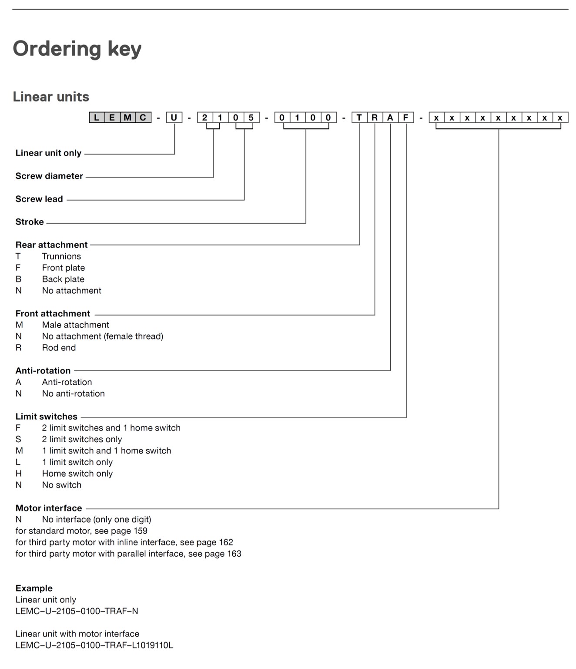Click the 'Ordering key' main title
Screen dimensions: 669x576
point(77,49)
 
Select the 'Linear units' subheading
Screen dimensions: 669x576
point(51,97)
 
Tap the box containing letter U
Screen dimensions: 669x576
point(174,118)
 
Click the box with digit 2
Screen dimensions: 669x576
point(205,118)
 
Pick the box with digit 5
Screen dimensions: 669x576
point(251,118)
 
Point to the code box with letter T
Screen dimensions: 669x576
point(359,118)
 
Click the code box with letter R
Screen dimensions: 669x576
point(375,118)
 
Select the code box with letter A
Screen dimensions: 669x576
point(390,118)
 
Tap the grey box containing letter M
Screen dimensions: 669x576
point(127,118)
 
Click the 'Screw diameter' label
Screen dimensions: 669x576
point(49,176)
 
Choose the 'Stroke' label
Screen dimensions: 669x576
point(30,222)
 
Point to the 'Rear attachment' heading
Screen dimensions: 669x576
point(51,245)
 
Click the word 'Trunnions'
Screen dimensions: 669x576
point(61,256)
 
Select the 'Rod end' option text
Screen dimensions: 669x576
point(59,348)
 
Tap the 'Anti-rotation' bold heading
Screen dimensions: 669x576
point(43,371)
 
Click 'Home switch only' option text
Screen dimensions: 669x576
point(77,474)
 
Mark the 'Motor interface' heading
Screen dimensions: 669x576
point(49,508)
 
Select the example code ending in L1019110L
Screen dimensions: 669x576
point(94,645)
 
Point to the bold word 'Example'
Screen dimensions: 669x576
point(34,588)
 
